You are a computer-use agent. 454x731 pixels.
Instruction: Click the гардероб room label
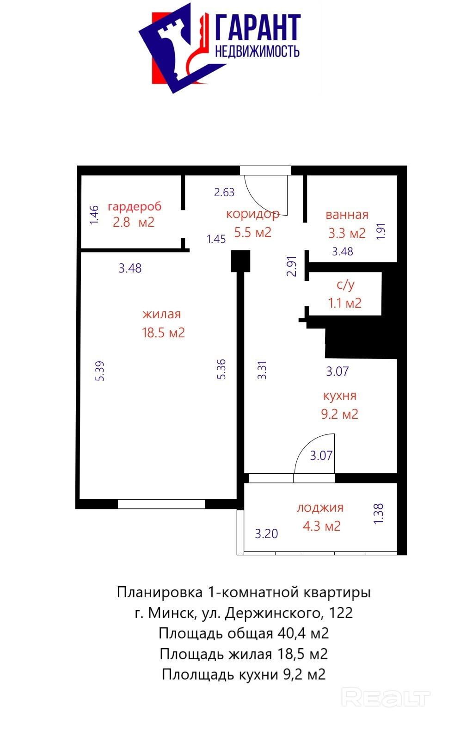pyautogui.click(x=135, y=207)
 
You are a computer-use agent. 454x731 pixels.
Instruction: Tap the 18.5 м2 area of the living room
pyautogui.click(x=163, y=333)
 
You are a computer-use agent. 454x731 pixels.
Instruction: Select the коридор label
pyautogui.click(x=253, y=214)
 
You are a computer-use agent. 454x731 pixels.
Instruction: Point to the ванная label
pyautogui.click(x=347, y=215)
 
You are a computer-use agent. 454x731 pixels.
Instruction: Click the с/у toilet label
pyautogui.click(x=345, y=285)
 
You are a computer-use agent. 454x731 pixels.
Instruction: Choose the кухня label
pyautogui.click(x=340, y=396)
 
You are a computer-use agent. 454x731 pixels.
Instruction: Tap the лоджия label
pyautogui.click(x=320, y=508)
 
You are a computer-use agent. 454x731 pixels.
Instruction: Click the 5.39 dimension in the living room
pyautogui.click(x=99, y=371)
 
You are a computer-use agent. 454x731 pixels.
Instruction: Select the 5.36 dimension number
pyautogui.click(x=221, y=369)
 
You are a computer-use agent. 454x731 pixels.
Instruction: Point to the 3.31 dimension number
pyautogui.click(x=262, y=370)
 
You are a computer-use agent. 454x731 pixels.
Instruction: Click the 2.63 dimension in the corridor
pyautogui.click(x=224, y=192)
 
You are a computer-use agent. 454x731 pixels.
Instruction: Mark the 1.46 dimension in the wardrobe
pyautogui.click(x=94, y=215)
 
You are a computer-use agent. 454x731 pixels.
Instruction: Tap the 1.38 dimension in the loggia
pyautogui.click(x=378, y=514)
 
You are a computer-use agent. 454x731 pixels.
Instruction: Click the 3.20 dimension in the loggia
pyautogui.click(x=266, y=534)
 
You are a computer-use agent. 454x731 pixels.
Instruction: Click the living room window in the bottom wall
pyautogui.click(x=161, y=504)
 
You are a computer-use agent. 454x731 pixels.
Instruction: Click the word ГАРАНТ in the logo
pyautogui.click(x=258, y=27)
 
